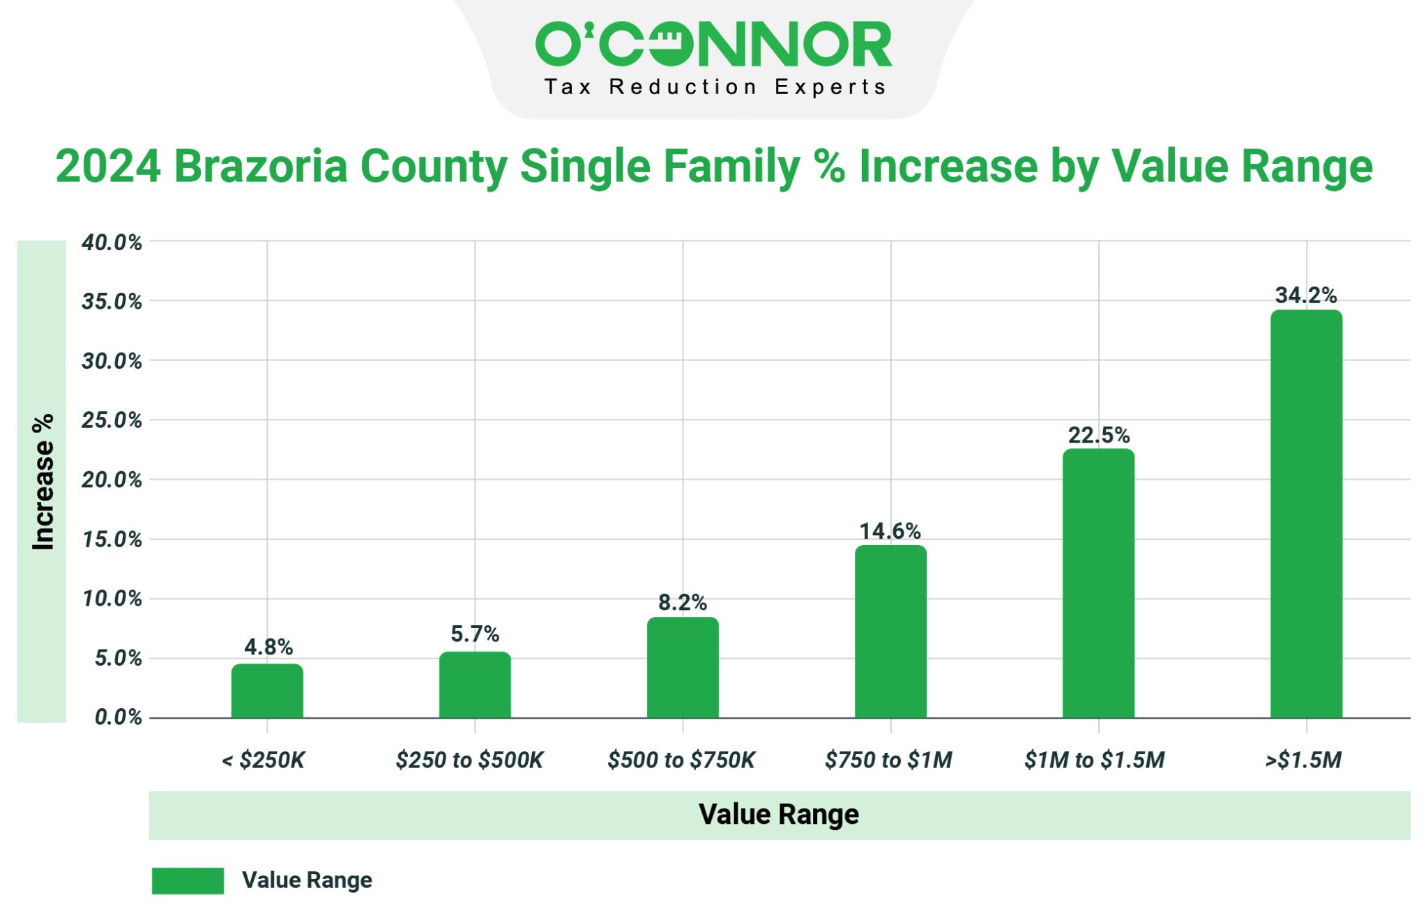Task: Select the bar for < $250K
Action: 267,691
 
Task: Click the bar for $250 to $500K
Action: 475,685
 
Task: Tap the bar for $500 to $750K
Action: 683,668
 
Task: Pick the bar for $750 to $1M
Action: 890,632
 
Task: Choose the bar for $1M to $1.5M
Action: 1098,583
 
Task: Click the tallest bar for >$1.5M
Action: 1306,514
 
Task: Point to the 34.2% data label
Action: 1306,296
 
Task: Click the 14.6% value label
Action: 890,531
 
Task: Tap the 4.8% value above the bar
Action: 268,647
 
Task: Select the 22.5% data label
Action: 1098,435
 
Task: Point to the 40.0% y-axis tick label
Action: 112,243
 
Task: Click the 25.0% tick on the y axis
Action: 112,420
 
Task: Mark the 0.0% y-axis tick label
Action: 118,717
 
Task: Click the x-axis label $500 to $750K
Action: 681,760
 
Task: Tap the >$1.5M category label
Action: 1303,760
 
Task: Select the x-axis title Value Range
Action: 779,814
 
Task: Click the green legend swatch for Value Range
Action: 188,880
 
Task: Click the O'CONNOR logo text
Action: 713,44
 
